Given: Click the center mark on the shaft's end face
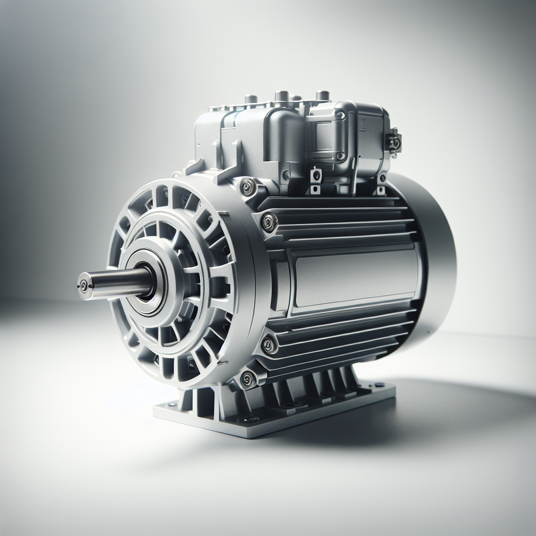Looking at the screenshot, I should click(x=82, y=286).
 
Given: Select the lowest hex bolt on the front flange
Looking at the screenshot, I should click(x=246, y=378).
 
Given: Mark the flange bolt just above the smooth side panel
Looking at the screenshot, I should click(x=269, y=222).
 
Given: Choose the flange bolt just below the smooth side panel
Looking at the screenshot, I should click(x=269, y=344).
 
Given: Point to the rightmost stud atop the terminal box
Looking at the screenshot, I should click(x=323, y=95).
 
